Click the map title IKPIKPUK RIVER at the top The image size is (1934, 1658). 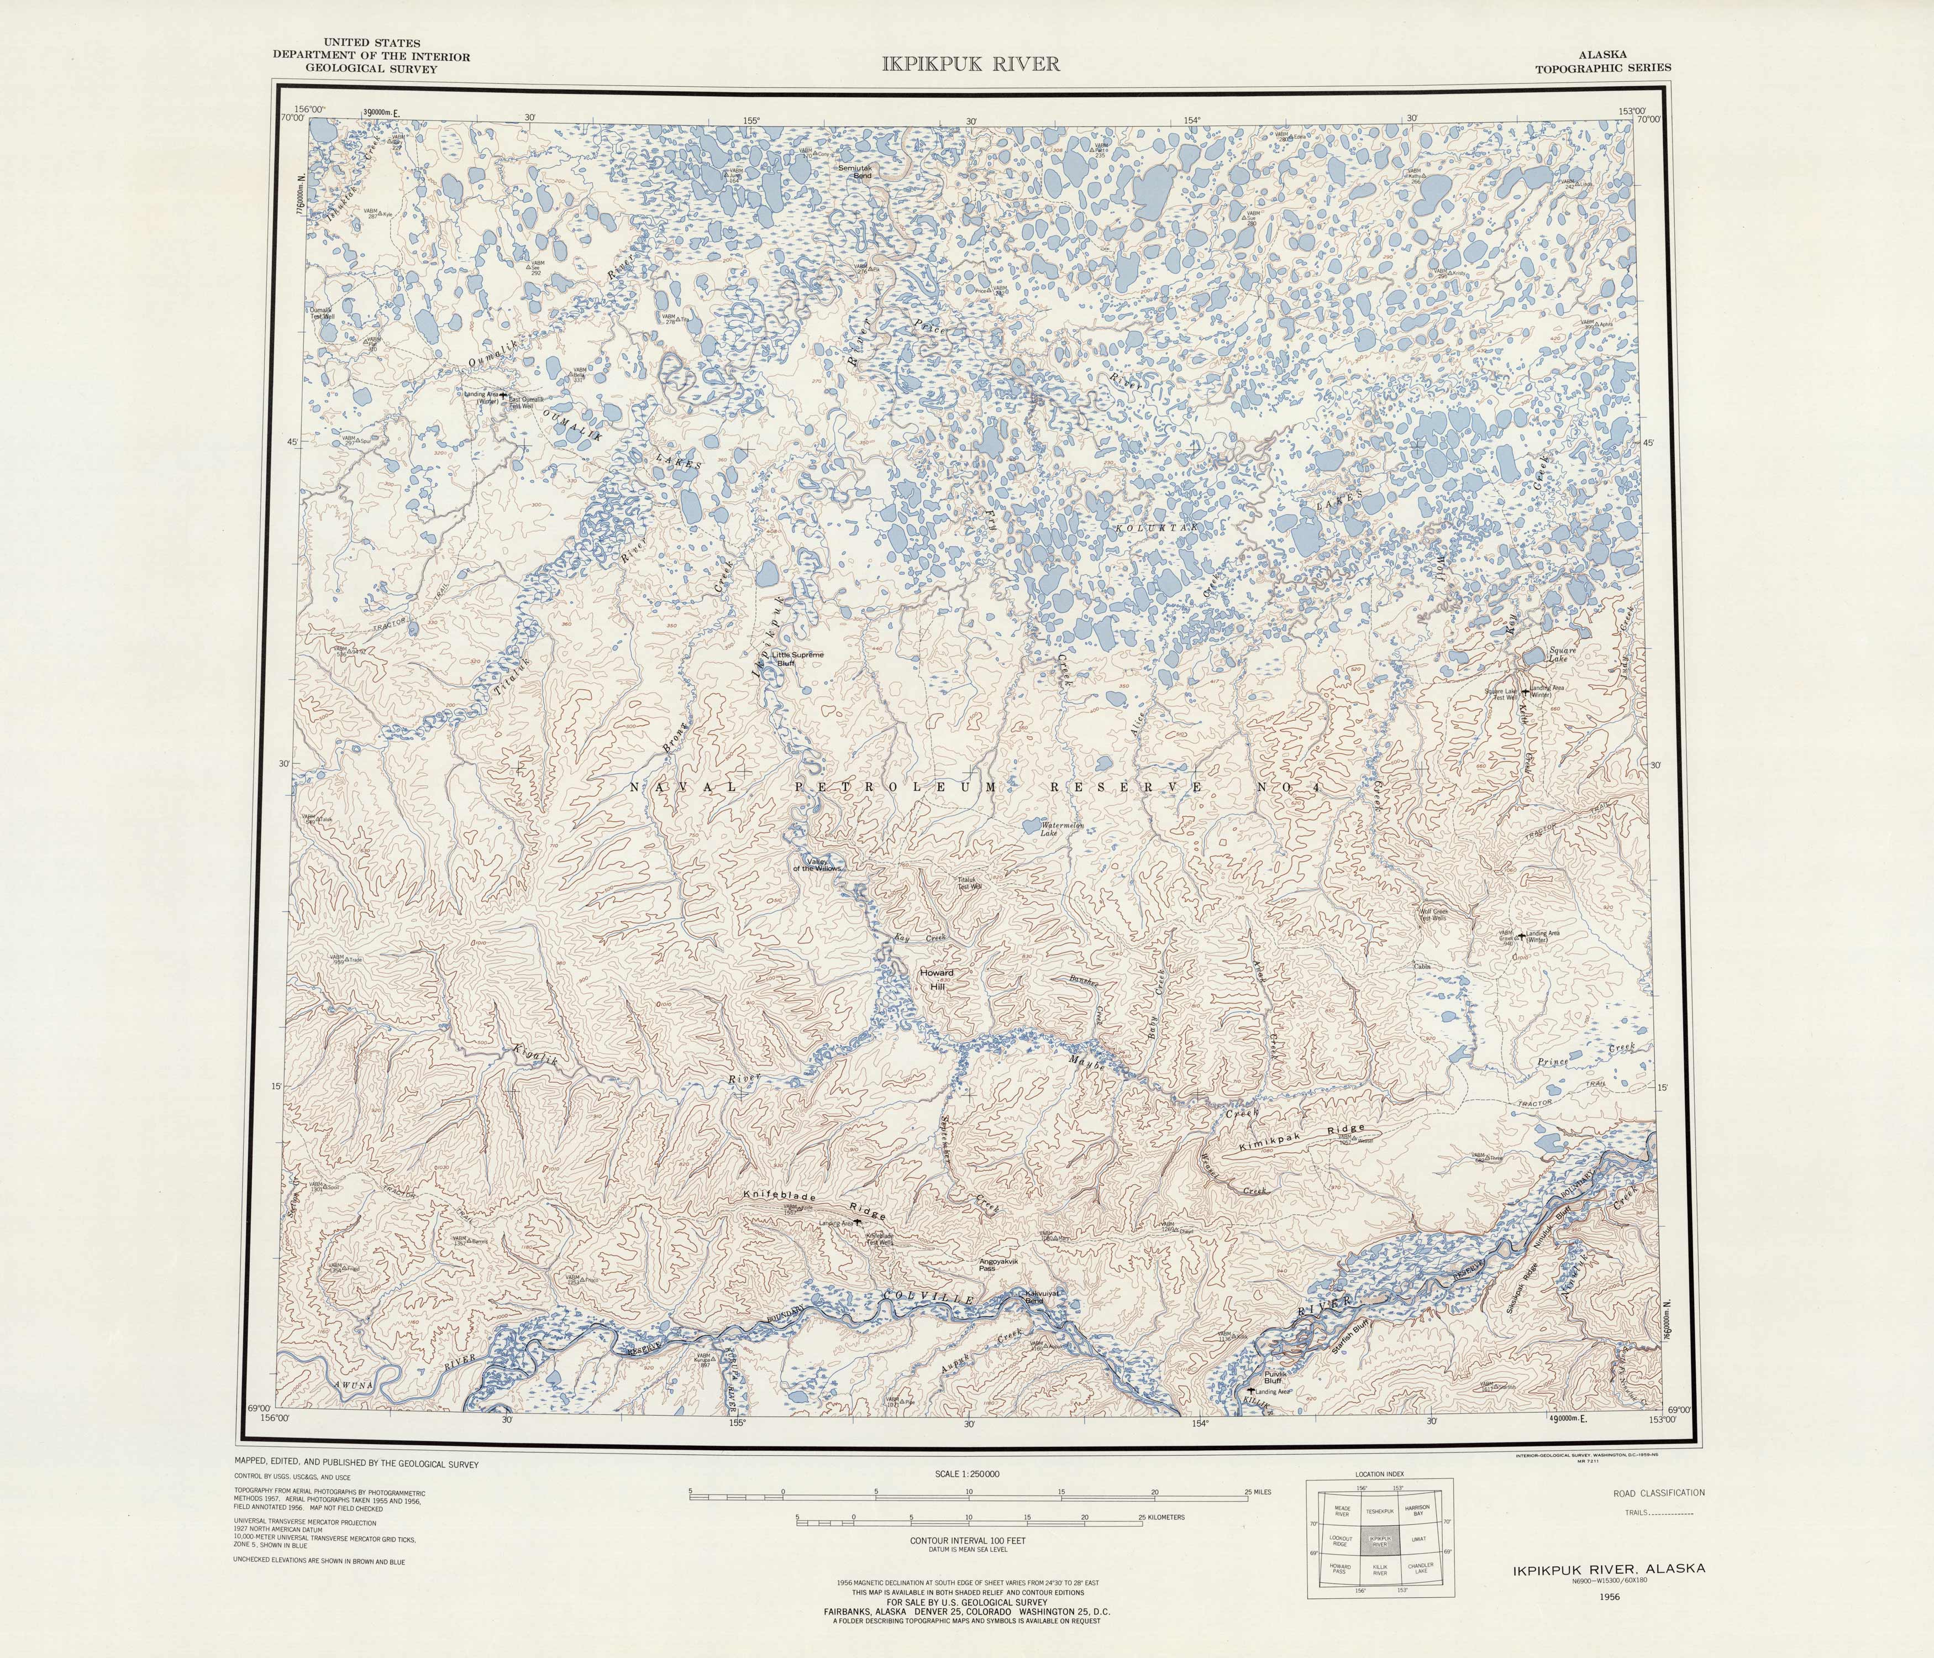click(x=971, y=64)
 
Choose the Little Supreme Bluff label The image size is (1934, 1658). click(x=797, y=658)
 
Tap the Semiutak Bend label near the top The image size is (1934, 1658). click(x=855, y=172)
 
